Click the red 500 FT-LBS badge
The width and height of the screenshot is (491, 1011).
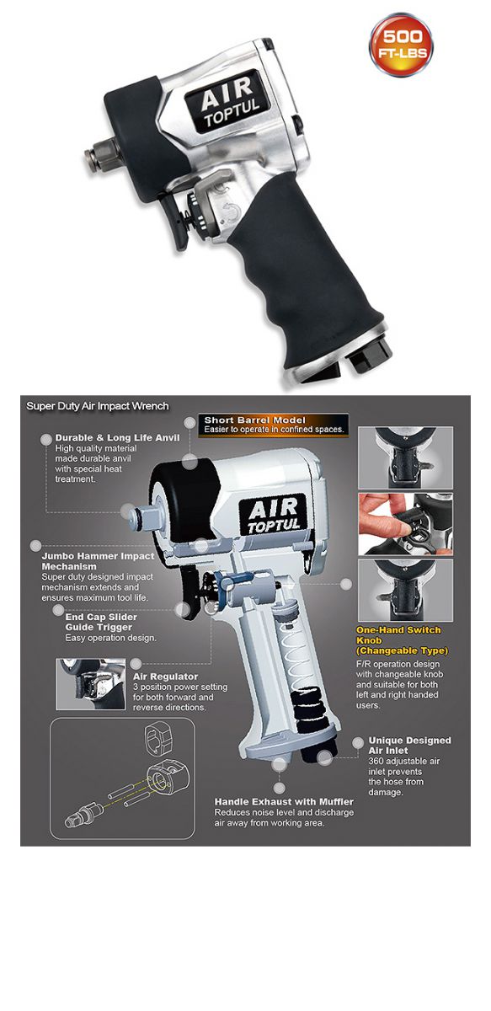click(401, 44)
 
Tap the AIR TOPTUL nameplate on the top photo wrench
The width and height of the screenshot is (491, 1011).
click(228, 101)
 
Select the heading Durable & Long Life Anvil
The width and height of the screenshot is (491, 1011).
click(117, 437)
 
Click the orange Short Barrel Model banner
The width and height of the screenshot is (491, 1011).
click(274, 425)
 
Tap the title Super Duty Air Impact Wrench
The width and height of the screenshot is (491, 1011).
click(98, 406)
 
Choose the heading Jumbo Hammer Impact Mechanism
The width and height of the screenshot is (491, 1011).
click(98, 561)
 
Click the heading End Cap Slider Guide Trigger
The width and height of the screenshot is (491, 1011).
click(101, 622)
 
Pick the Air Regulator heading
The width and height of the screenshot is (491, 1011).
click(165, 676)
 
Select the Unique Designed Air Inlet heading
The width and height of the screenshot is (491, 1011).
click(409, 745)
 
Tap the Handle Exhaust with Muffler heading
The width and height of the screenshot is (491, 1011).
click(284, 801)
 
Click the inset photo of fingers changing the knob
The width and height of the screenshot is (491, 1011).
click(406, 524)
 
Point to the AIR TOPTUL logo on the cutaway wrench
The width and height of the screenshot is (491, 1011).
click(274, 515)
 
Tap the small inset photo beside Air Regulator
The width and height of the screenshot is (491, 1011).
click(91, 684)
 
